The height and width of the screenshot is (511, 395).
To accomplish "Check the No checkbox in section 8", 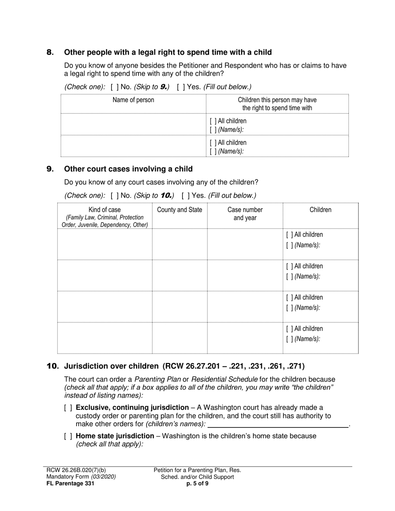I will [x=114, y=87].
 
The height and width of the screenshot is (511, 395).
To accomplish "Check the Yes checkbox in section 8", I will [x=180, y=87].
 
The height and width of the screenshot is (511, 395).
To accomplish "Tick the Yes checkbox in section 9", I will [x=185, y=196].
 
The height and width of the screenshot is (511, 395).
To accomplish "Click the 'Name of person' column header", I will [x=133, y=100].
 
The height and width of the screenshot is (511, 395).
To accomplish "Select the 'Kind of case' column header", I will [x=105, y=210].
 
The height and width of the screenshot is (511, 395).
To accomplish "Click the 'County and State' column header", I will [x=180, y=210].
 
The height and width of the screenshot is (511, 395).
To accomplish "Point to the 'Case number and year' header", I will [x=245, y=214].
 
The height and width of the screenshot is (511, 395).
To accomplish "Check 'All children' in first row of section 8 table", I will [x=213, y=121].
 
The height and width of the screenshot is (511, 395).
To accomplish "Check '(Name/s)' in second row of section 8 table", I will [x=213, y=152].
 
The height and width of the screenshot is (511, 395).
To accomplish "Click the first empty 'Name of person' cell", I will [x=133, y=124].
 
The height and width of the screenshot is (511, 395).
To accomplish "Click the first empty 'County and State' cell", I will [x=180, y=244].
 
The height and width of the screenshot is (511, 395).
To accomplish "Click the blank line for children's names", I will [x=277, y=424].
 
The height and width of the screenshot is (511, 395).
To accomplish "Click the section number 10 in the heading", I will [x=52, y=366].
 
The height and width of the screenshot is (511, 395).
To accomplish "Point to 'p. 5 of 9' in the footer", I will [x=197, y=483].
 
